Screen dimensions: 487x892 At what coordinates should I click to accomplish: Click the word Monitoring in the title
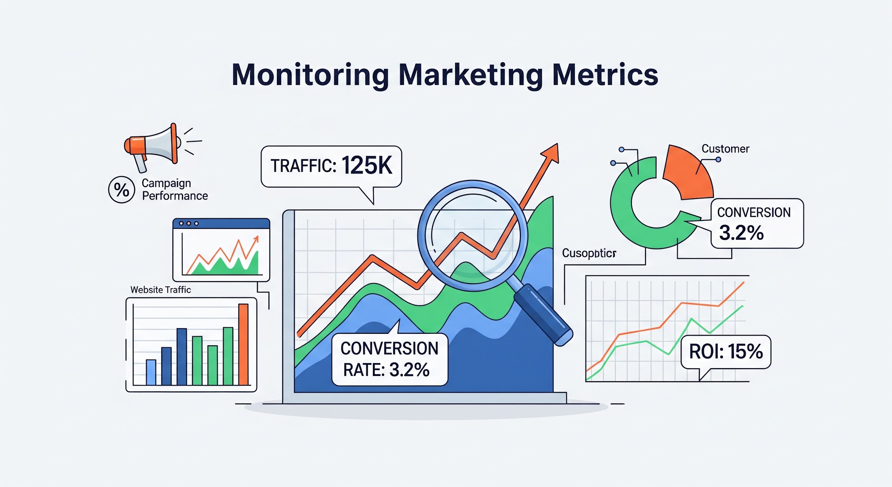point(310,75)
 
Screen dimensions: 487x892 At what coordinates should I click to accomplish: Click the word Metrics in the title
point(605,75)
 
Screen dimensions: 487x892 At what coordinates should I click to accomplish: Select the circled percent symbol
point(121,190)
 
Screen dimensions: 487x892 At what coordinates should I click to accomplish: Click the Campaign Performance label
point(174,190)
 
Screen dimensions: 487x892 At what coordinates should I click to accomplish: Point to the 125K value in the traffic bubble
point(367,166)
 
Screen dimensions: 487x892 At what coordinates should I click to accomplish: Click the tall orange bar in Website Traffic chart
point(243,344)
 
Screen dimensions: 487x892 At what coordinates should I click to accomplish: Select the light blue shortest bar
point(151,372)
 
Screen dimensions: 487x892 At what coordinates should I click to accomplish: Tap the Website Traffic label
point(161,290)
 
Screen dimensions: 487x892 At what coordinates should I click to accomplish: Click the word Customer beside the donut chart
point(725,149)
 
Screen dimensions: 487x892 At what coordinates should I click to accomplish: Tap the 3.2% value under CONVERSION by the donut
point(741,233)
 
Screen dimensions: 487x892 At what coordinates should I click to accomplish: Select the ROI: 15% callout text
point(726,352)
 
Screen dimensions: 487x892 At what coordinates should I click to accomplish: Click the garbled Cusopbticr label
point(589,253)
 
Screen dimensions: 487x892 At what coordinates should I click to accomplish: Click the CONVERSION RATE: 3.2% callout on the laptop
point(389,359)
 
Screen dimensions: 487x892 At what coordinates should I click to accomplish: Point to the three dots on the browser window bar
point(189,224)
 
